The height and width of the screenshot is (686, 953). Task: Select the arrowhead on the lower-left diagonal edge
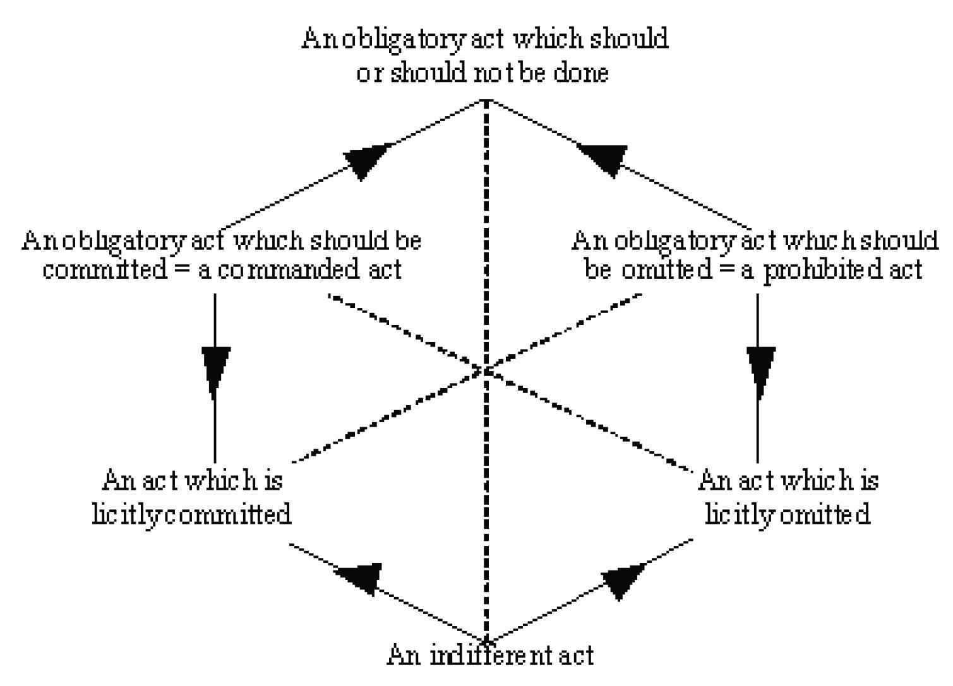[361, 576]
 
